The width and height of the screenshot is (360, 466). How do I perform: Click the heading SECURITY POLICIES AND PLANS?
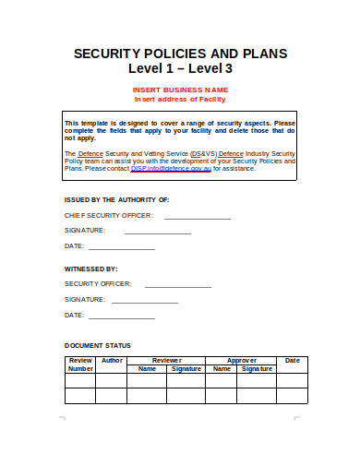[x=180, y=53]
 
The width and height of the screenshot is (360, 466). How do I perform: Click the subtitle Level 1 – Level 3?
[x=180, y=69]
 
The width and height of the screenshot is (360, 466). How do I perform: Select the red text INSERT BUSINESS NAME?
[x=180, y=90]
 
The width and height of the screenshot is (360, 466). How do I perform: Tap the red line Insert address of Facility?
[x=180, y=99]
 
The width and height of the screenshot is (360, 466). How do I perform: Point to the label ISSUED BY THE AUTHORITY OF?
[x=116, y=199]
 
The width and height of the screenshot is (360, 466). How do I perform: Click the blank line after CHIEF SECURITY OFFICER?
[x=198, y=218]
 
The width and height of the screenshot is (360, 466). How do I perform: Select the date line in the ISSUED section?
[x=122, y=249]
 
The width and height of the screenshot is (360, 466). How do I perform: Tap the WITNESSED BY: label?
[x=90, y=268]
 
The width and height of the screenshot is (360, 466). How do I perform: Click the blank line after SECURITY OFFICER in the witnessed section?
[x=178, y=286]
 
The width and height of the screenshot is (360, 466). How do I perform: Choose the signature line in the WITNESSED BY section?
[x=145, y=302]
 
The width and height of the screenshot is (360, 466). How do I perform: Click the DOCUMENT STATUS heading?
[x=97, y=346]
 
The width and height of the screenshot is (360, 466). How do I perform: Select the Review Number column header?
[x=80, y=364]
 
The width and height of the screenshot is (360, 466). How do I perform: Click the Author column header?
[x=112, y=360]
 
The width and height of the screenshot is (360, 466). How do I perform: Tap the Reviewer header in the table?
[x=167, y=360]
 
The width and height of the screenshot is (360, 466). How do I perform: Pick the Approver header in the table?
[x=242, y=360]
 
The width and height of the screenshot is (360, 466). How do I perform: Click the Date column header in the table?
[x=293, y=360]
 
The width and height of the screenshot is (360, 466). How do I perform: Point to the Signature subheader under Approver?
[x=258, y=368]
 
